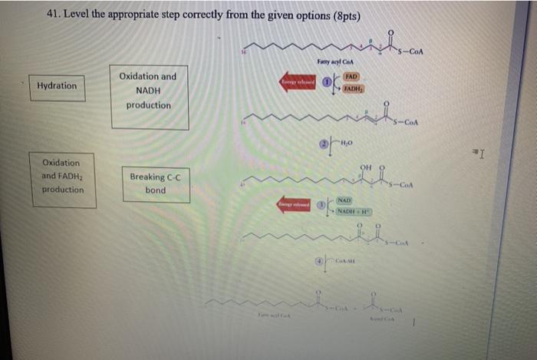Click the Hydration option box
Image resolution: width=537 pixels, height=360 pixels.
58,86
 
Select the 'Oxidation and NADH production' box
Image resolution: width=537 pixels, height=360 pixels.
147,91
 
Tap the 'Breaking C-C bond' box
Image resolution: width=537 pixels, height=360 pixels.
155,183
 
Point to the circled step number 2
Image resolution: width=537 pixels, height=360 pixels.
324,143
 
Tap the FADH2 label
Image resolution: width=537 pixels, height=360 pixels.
352,89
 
